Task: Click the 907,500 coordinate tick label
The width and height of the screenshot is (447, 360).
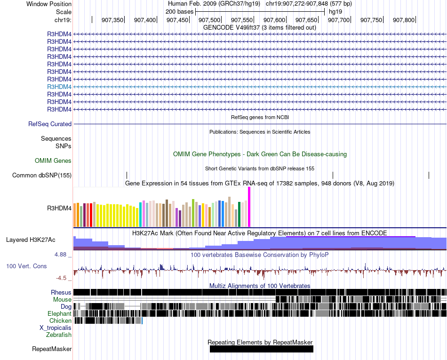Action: pyautogui.click(x=209, y=20)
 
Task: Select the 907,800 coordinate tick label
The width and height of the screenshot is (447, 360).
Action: pyautogui.click(x=404, y=20)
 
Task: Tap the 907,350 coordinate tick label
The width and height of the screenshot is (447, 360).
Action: pyautogui.click(x=112, y=20)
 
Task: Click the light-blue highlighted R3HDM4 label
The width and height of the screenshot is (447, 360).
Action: pyautogui.click(x=59, y=87)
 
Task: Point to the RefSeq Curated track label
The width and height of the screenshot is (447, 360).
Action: pyautogui.click(x=50, y=124)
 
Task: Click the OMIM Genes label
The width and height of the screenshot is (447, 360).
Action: pyautogui.click(x=53, y=160)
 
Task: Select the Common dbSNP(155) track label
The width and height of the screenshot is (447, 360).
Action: pyautogui.click(x=42, y=176)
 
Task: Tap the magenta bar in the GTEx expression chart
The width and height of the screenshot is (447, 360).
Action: pyautogui.click(x=249, y=207)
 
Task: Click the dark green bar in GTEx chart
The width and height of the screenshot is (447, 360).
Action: pyautogui.click(x=239, y=214)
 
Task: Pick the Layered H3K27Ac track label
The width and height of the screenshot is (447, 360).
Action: pyautogui.click(x=31, y=240)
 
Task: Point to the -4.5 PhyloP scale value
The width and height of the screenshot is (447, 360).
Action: pyautogui.click(x=63, y=278)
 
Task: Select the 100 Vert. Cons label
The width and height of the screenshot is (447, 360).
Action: pyautogui.click(x=26, y=266)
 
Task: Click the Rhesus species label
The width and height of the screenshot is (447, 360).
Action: pyautogui.click(x=61, y=292)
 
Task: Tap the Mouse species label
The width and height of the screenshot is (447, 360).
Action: pyautogui.click(x=63, y=299)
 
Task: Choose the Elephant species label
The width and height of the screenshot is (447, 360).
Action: pyautogui.click(x=59, y=313)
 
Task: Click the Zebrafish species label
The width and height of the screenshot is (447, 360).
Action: pyautogui.click(x=59, y=335)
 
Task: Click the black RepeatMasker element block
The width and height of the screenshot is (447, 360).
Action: pyautogui.click(x=261, y=349)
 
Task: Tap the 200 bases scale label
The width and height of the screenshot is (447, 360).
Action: pyautogui.click(x=179, y=11)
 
